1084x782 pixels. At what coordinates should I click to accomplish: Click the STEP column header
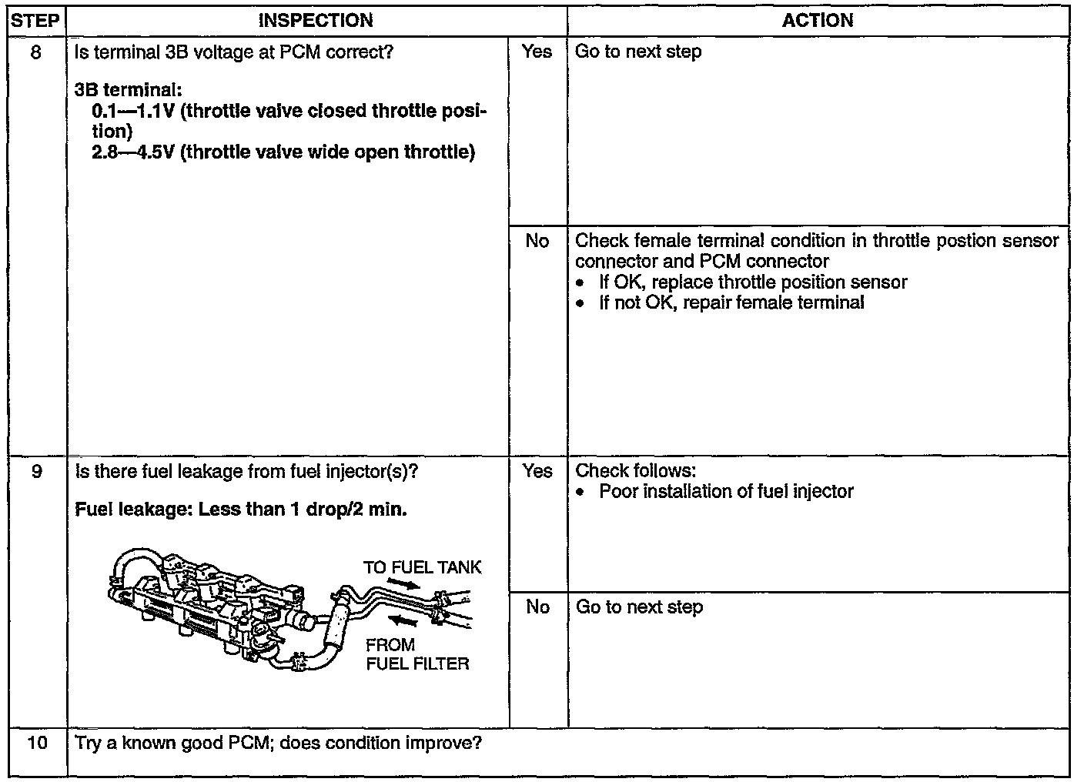pyautogui.click(x=35, y=21)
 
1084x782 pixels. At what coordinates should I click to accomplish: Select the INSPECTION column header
pyautogui.click(x=316, y=21)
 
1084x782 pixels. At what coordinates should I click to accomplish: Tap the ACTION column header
pyautogui.click(x=818, y=21)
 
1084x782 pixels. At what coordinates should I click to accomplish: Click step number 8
pyautogui.click(x=35, y=52)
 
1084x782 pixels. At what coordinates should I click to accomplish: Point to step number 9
pyautogui.click(x=35, y=471)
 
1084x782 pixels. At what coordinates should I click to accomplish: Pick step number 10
pyautogui.click(x=35, y=744)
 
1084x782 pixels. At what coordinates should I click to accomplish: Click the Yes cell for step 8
pyautogui.click(x=537, y=52)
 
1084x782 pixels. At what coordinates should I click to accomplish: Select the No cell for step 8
pyautogui.click(x=537, y=241)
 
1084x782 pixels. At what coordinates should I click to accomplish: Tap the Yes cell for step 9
pyautogui.click(x=537, y=471)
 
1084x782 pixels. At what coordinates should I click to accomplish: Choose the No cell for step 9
pyautogui.click(x=537, y=607)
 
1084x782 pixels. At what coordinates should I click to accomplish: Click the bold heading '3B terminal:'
pyautogui.click(x=128, y=91)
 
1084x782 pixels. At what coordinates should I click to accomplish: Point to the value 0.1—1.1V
pyautogui.click(x=133, y=112)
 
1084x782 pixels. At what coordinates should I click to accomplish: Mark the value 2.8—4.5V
pyautogui.click(x=133, y=152)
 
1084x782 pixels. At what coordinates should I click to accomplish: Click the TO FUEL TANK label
pyautogui.click(x=422, y=568)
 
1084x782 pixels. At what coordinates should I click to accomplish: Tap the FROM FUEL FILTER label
pyautogui.click(x=417, y=654)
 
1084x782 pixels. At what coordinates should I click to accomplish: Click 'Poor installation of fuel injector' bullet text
pyautogui.click(x=726, y=492)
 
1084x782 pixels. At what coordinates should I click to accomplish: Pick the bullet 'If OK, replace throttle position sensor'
pyautogui.click(x=753, y=282)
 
